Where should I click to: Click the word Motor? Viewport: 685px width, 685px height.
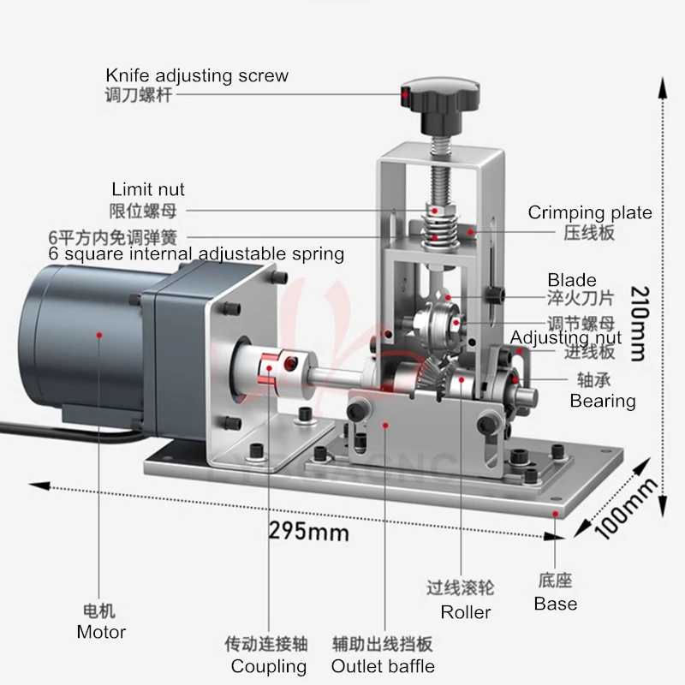101,633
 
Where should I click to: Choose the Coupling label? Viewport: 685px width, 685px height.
269,666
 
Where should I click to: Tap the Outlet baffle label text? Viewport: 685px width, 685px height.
383,666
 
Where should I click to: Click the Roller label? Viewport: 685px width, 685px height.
466,612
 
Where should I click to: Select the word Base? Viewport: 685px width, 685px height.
555,604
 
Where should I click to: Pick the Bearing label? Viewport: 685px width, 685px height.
603,401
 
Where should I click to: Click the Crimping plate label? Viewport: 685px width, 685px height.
590,212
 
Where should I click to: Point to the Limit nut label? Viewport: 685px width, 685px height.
148,189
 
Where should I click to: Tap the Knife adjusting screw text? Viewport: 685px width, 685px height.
197,75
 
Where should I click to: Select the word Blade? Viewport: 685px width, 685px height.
572,280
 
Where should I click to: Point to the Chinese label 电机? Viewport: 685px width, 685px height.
98,611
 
